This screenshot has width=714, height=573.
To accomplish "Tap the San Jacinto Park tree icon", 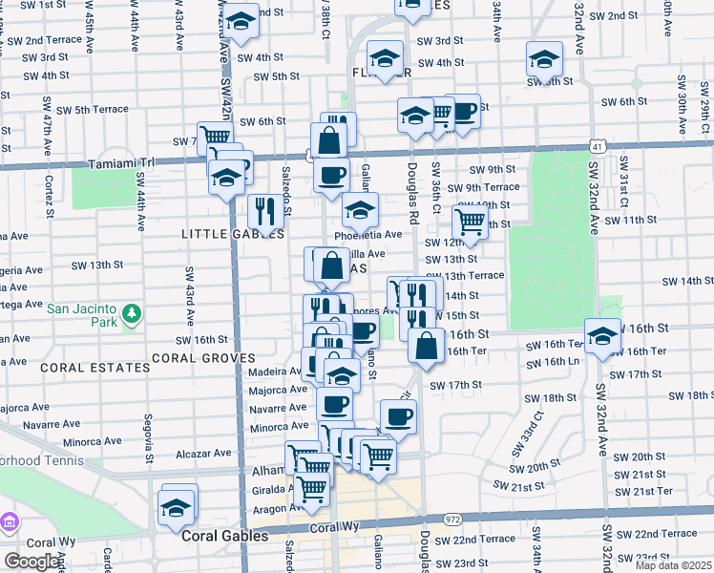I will click(x=134, y=312).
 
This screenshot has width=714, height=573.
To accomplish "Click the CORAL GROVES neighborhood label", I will click(x=202, y=358).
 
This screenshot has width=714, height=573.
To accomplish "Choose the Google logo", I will click(x=32, y=562).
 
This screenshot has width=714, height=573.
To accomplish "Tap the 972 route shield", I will click(x=452, y=520).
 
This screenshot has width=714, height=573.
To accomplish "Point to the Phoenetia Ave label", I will click(x=368, y=235).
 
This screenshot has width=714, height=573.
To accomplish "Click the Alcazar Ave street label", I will click(x=203, y=454).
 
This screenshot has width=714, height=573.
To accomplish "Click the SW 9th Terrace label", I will click(x=488, y=187).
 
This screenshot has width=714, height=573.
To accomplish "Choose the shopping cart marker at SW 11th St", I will click(x=470, y=222).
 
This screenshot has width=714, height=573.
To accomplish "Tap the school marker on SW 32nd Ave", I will click(x=602, y=336).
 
